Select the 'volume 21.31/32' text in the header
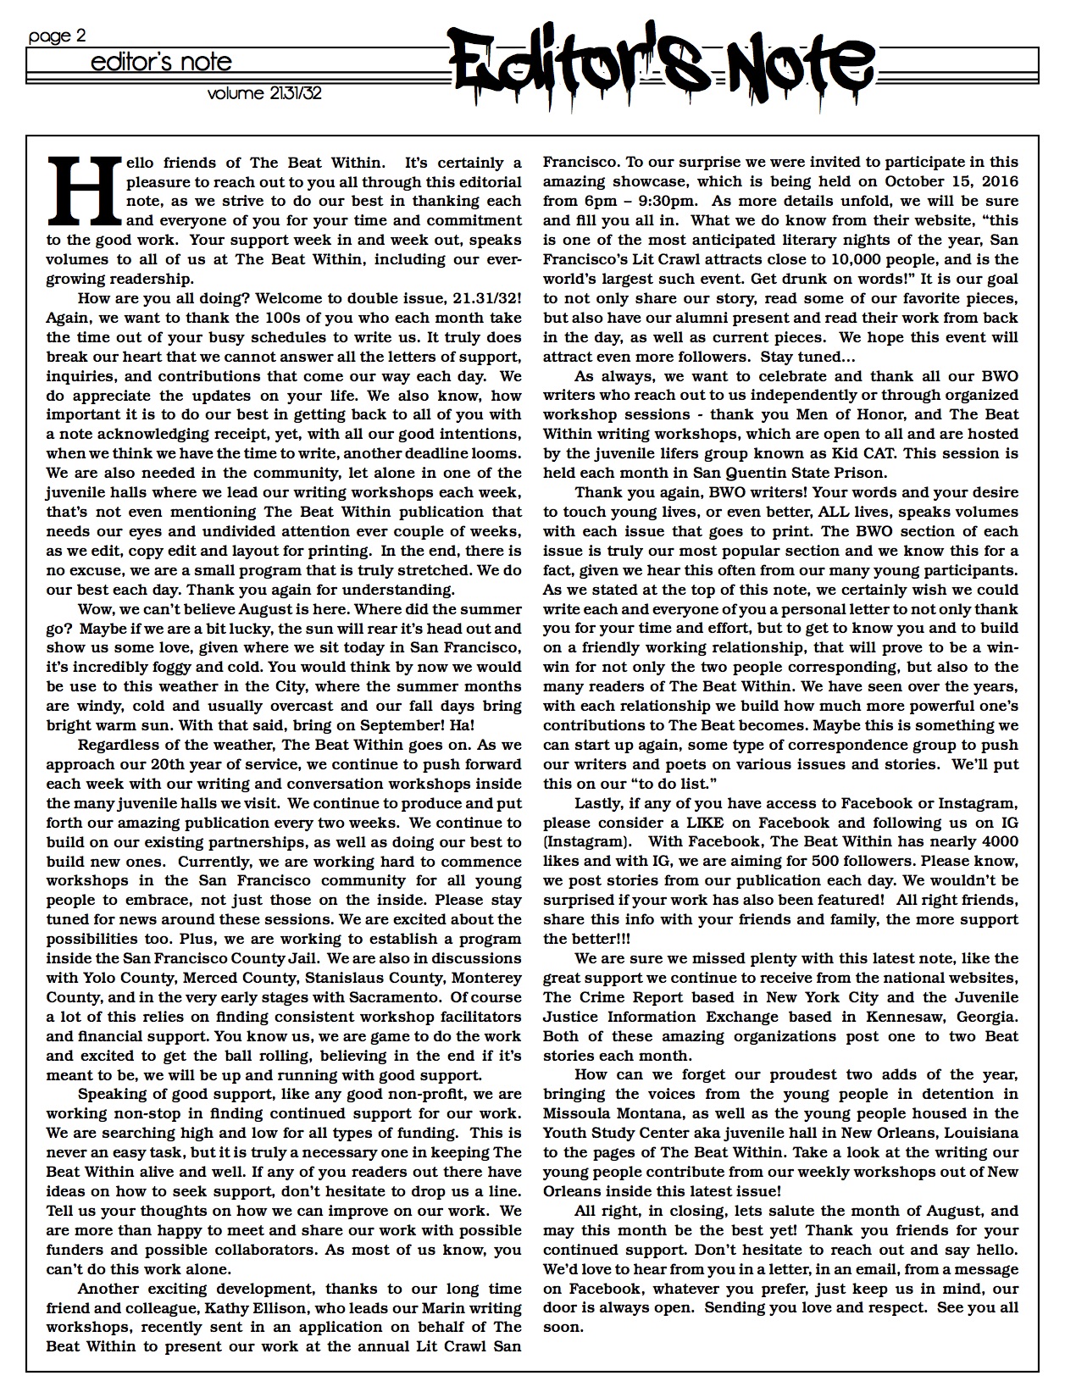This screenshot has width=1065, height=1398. click(264, 93)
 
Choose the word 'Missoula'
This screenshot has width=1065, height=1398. click(580, 1113)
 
